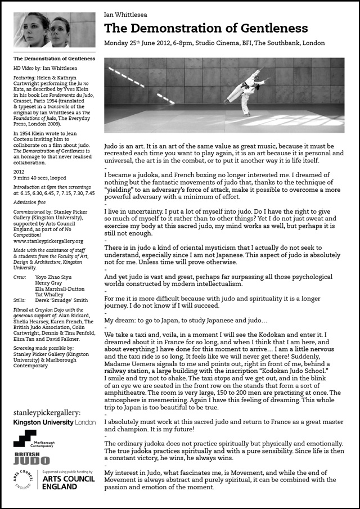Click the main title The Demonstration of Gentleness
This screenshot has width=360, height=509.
point(206,29)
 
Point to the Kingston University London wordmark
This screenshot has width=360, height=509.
point(54,422)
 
